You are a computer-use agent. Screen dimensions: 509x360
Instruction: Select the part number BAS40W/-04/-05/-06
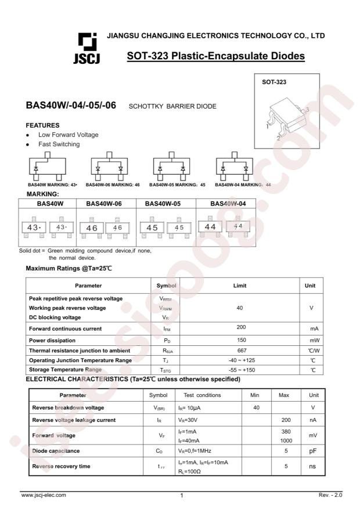[x=71, y=106]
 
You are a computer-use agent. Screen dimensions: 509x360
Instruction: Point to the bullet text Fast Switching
[x=59, y=144]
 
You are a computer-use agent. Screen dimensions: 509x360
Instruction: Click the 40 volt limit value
[x=240, y=308]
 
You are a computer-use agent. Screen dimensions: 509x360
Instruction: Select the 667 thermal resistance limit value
[x=240, y=351]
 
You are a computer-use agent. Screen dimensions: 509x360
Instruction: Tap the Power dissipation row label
[x=53, y=340]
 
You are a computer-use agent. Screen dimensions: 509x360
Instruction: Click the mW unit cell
[x=314, y=340]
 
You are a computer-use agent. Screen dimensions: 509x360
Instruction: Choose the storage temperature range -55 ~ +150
[x=240, y=370]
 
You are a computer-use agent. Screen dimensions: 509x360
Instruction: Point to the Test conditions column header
[x=202, y=395]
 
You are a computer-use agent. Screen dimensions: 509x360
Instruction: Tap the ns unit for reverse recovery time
[x=314, y=466]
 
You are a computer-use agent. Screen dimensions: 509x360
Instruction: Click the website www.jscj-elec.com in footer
[x=44, y=495]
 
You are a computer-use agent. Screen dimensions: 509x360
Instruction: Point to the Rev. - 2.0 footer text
[x=331, y=495]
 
